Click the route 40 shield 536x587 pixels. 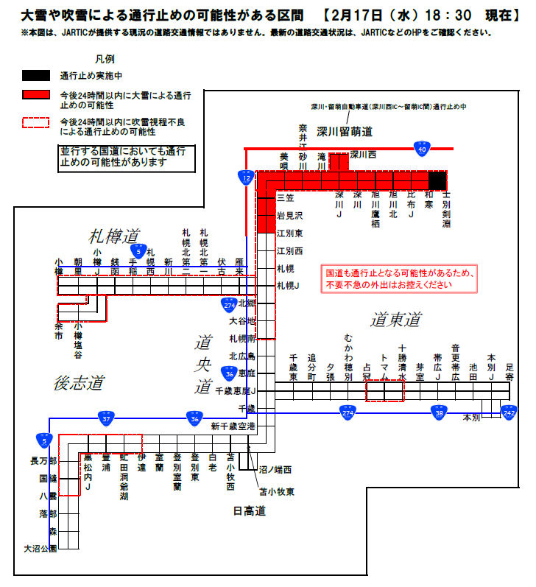(x=422, y=149)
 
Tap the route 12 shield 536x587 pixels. (x=245, y=177)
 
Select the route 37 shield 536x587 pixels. (x=106, y=418)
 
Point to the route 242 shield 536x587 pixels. (x=509, y=412)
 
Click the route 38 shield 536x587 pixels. (x=440, y=412)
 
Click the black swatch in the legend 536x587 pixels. (x=35, y=75)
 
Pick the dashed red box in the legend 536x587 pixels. (x=35, y=123)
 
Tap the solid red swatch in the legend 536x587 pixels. (x=35, y=95)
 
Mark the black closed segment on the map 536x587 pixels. (x=438, y=180)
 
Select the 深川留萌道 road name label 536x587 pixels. (x=345, y=133)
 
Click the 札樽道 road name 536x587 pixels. (x=114, y=236)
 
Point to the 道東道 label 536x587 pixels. (x=395, y=320)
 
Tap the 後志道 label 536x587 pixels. (x=79, y=383)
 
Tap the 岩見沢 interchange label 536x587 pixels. (x=289, y=216)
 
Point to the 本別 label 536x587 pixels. (x=470, y=418)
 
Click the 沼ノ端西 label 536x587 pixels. (x=275, y=468)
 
